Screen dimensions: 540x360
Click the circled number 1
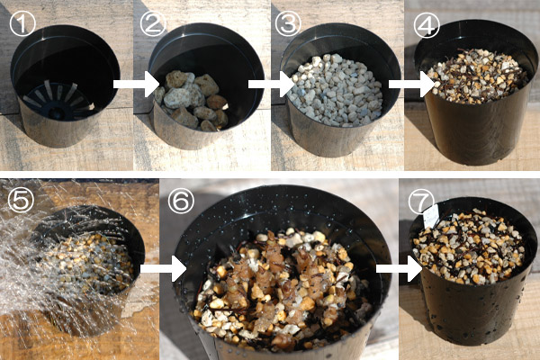point(22,23)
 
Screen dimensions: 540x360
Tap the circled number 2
point(153,23)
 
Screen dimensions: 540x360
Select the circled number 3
point(288,23)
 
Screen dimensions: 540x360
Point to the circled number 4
point(427,25)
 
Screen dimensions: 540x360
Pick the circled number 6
point(181,201)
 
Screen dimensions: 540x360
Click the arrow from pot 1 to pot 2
point(137,84)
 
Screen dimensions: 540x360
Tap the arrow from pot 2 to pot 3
point(272,84)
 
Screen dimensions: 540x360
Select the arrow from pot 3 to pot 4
point(412,84)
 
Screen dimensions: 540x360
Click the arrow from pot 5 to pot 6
point(164,268)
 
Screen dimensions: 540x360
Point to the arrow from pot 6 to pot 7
point(400,268)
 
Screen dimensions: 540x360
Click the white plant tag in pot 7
point(431,216)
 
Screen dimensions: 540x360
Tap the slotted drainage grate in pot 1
point(58,100)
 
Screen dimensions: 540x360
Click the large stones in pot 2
point(192,100)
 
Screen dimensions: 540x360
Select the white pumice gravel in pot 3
point(336,90)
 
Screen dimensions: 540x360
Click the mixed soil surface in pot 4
point(477,76)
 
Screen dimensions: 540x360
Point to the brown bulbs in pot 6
point(275,275)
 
